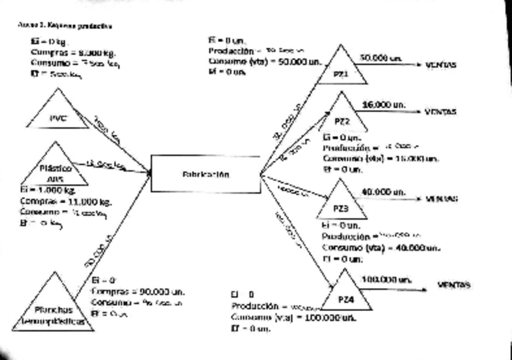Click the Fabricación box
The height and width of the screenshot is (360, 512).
point(205,174)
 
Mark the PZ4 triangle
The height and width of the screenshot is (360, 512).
point(346,295)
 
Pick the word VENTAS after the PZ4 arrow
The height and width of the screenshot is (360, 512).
point(454,285)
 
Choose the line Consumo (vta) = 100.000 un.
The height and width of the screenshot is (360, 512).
point(293,318)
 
